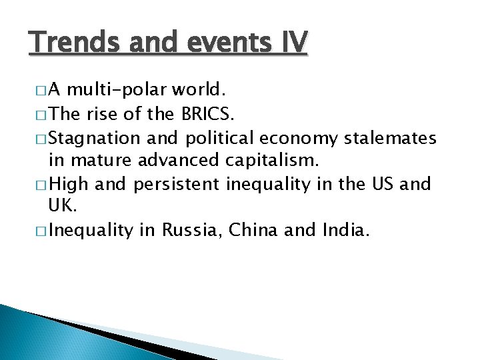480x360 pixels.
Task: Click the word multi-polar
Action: pos(126,90)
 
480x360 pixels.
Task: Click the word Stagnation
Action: pos(95,138)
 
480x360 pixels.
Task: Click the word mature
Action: pos(111,161)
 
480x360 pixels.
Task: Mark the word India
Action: pos(345,231)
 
